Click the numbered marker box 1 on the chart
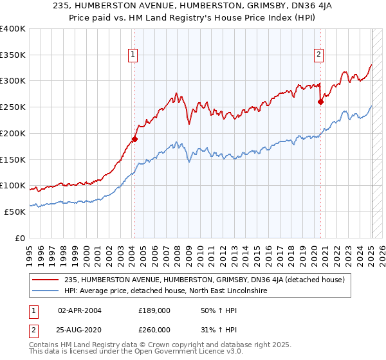[x=133, y=55]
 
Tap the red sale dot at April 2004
[x=134, y=138]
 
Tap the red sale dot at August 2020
[x=321, y=101]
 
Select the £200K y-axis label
[x=13, y=133]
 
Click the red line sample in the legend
[x=45, y=280]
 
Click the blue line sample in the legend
[x=45, y=291]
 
